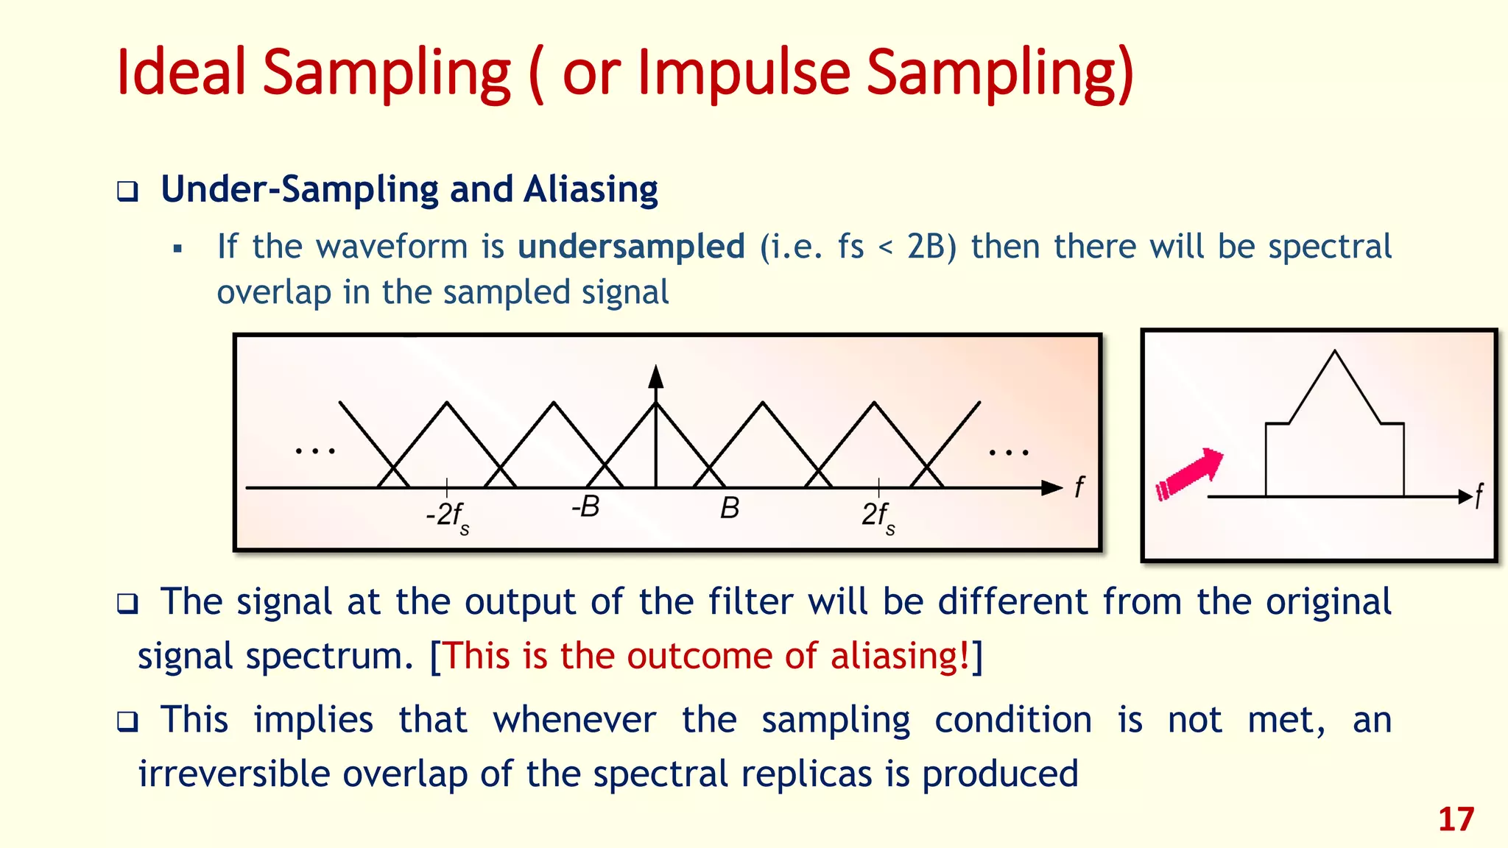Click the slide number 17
pyautogui.click(x=1456, y=819)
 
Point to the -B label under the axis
pyautogui.click(x=585, y=507)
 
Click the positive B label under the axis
pyautogui.click(x=729, y=508)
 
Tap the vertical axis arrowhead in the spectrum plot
pyautogui.click(x=656, y=376)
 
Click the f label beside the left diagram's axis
pyautogui.click(x=1079, y=487)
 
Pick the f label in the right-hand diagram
pyautogui.click(x=1479, y=496)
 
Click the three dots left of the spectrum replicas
pyautogui.click(x=315, y=450)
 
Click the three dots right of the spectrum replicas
pyautogui.click(x=1009, y=452)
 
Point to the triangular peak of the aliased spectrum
pyautogui.click(x=1335, y=355)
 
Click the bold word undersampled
pyautogui.click(x=631, y=247)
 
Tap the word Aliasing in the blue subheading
pyautogui.click(x=591, y=190)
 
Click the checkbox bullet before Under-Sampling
pyautogui.click(x=128, y=192)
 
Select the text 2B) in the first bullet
pyautogui.click(x=931, y=247)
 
